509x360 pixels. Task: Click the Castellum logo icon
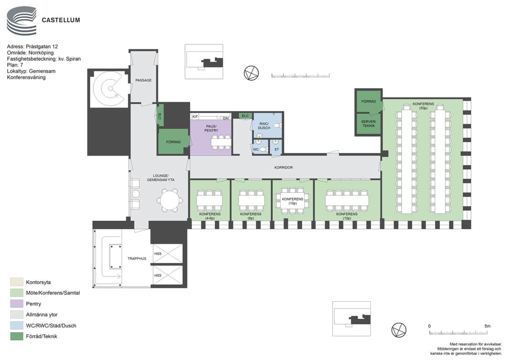[21, 21]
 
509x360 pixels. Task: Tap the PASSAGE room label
[143, 80]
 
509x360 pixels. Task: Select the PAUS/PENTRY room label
[211, 128]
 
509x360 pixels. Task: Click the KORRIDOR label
[283, 168]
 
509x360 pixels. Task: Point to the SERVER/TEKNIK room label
[368, 124]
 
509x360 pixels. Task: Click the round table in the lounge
[169, 200]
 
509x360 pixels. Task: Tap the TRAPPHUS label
[136, 259]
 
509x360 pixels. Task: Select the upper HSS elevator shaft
[167, 254]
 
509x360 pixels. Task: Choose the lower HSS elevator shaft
[167, 275]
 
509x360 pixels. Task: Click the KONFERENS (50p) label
[423, 106]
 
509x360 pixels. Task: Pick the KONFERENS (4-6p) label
[210, 216]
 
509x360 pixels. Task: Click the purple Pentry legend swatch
[17, 304]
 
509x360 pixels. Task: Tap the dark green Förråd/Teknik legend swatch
[17, 336]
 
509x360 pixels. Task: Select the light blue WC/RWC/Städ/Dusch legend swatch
[17, 326]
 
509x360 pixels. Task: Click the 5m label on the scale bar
[487, 326]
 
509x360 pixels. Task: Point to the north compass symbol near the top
[251, 73]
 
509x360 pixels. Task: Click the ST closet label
[277, 149]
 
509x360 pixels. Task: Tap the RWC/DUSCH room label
[264, 126]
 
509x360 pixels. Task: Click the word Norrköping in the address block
[41, 53]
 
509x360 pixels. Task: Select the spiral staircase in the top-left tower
[108, 88]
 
